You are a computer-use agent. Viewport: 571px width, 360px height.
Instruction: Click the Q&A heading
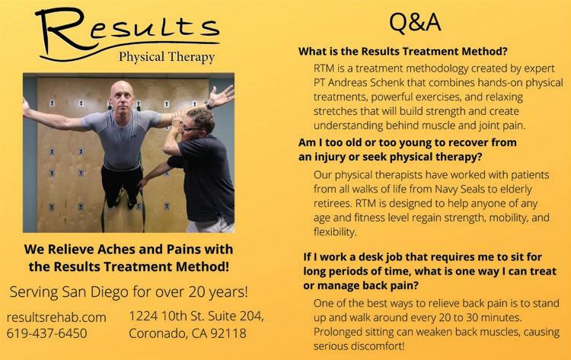tap(415, 23)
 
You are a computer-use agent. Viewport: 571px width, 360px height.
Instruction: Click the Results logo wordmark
tap(127, 31)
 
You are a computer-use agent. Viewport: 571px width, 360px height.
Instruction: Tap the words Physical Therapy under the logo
tap(167, 57)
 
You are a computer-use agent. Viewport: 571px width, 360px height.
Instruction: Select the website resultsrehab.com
tap(56, 317)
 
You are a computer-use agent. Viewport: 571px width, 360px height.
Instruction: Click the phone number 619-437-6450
tap(46, 333)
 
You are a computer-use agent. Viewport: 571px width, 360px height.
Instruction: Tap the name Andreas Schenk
tap(366, 83)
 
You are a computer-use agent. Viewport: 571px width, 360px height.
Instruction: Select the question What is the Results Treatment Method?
tap(403, 51)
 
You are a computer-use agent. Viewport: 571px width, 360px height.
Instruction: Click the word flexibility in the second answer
tap(335, 232)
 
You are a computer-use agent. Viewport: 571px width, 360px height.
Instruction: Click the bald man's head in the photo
tap(122, 97)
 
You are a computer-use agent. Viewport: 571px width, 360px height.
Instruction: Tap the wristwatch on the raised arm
tap(209, 106)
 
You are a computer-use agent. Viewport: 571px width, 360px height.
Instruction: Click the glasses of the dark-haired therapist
tap(190, 128)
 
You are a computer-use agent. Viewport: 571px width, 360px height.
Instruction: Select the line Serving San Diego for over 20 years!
tap(129, 292)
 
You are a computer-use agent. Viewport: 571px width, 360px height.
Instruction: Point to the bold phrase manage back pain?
tap(368, 285)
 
